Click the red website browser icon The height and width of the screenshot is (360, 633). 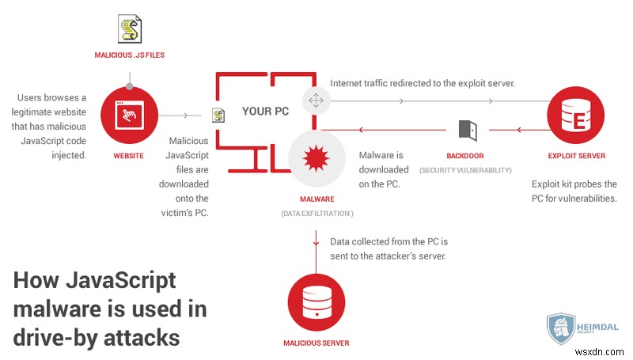[x=127, y=116]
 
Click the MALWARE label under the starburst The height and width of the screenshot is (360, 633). [x=316, y=199]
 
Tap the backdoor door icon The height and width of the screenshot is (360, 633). [x=465, y=130]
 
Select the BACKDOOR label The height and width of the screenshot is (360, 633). [x=465, y=156]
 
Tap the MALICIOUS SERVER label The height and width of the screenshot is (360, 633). [x=316, y=343]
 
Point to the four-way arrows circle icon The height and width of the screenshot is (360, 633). [x=316, y=101]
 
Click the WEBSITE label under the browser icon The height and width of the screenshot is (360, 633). [x=127, y=156]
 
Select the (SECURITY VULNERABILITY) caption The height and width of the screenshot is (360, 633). [x=465, y=170]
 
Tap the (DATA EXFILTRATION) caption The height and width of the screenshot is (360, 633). [x=316, y=214]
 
